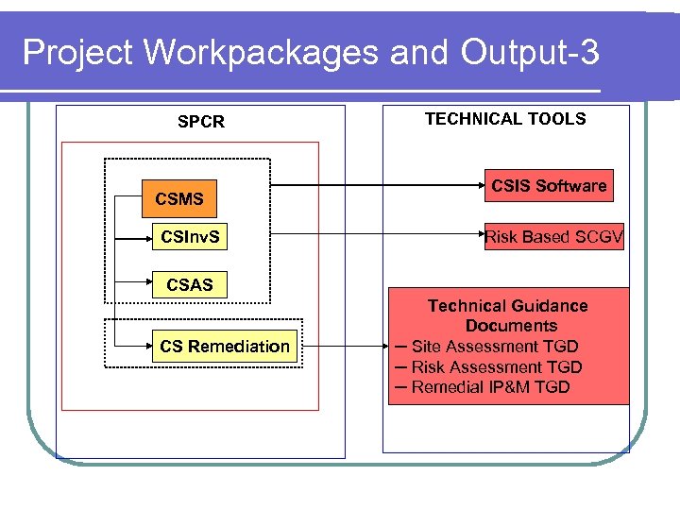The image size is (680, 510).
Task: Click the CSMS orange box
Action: [x=179, y=199]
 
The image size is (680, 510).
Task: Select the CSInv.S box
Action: [x=190, y=237]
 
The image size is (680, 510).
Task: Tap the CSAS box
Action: [x=190, y=284]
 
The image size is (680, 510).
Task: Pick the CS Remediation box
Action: [x=225, y=347]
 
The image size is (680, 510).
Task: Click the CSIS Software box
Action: [x=549, y=186]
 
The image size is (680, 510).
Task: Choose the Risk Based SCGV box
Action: [x=553, y=237]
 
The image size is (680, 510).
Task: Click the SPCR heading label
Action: [x=201, y=122]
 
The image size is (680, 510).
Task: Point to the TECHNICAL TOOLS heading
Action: [x=505, y=119]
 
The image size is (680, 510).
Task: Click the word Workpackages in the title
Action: [x=262, y=54]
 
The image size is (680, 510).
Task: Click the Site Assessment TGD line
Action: [x=495, y=347]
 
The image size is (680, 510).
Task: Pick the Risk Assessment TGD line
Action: [x=497, y=367]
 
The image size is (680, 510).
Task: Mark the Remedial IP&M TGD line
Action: [x=490, y=387]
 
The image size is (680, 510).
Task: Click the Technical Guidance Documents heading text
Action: [x=508, y=315]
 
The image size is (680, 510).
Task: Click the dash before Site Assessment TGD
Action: [x=400, y=346]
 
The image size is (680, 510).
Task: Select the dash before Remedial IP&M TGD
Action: [x=400, y=386]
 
